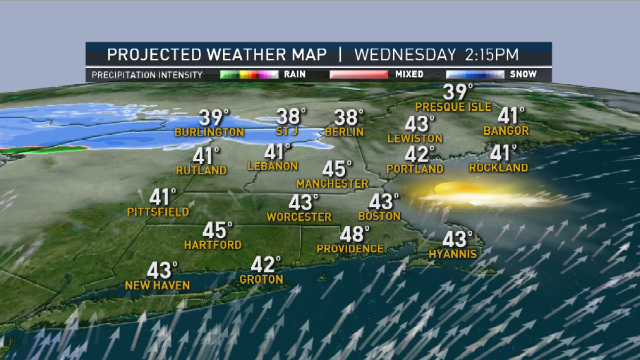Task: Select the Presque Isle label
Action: coord(453,107)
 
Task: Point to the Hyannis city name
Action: coord(453,254)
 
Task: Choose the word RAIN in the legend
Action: coord(295,75)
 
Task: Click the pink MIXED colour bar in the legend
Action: coord(358,75)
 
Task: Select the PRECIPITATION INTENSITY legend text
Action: coord(147,75)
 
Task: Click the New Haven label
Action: coord(157,286)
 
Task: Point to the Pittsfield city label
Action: coord(158,212)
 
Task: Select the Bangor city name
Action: coord(506,131)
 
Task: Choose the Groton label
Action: coord(261,279)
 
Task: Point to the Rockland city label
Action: coord(499,168)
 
